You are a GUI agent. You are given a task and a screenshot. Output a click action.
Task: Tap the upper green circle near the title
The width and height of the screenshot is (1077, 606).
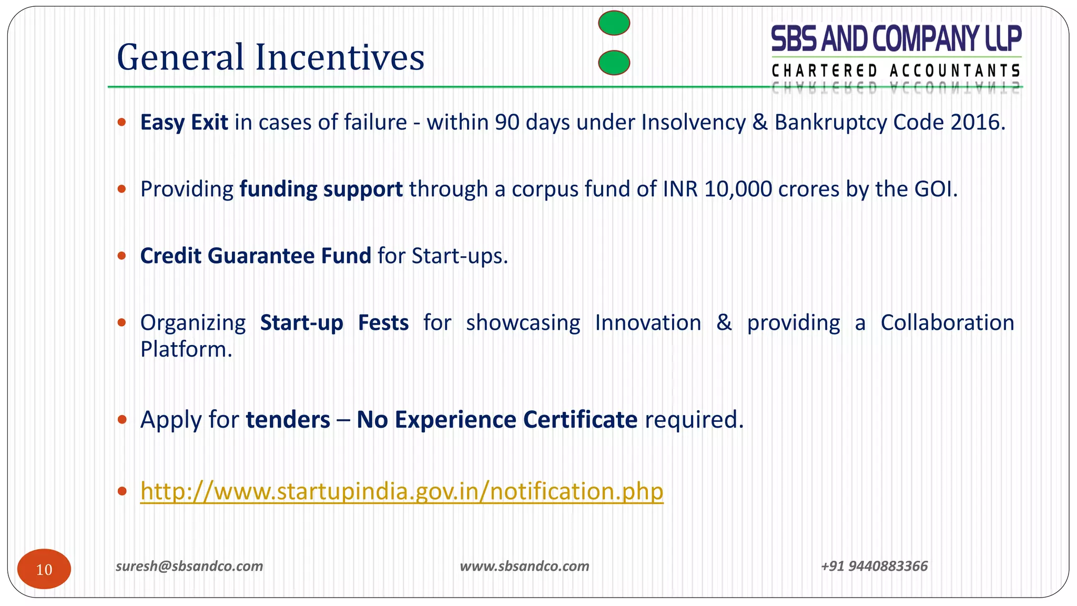pyautogui.click(x=614, y=23)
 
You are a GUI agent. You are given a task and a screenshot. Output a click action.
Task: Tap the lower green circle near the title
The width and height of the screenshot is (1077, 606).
pyautogui.click(x=614, y=63)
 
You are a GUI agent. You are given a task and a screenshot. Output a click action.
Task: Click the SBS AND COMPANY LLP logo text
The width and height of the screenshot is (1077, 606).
pyautogui.click(x=896, y=39)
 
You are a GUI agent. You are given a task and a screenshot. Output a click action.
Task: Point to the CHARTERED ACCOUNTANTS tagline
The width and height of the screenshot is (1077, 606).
pyautogui.click(x=896, y=70)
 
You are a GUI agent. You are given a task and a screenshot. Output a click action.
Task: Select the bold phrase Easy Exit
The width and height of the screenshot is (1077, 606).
pyautogui.click(x=184, y=123)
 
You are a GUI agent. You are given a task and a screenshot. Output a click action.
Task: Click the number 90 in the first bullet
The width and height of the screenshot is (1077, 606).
pyautogui.click(x=507, y=123)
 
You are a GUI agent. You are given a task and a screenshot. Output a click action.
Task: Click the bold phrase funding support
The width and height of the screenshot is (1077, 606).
pyautogui.click(x=321, y=189)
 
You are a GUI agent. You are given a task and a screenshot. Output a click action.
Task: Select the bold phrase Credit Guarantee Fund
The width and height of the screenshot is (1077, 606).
pyautogui.click(x=256, y=256)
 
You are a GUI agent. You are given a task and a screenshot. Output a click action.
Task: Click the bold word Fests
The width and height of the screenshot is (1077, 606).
pyautogui.click(x=383, y=323)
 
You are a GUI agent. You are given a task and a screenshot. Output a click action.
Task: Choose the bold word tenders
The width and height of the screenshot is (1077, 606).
pyautogui.click(x=288, y=420)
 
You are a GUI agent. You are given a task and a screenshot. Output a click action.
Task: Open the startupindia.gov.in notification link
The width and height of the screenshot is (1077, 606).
pyautogui.click(x=401, y=491)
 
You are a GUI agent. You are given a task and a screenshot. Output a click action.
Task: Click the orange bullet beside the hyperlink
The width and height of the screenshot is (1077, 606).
pyautogui.click(x=122, y=491)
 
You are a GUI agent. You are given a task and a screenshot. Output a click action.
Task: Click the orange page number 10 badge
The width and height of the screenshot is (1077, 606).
pyautogui.click(x=44, y=569)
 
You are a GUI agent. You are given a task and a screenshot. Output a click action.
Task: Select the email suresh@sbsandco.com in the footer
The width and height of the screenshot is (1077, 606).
pyautogui.click(x=189, y=566)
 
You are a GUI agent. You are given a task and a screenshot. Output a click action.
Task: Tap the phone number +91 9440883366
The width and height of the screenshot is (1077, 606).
pyautogui.click(x=874, y=566)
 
